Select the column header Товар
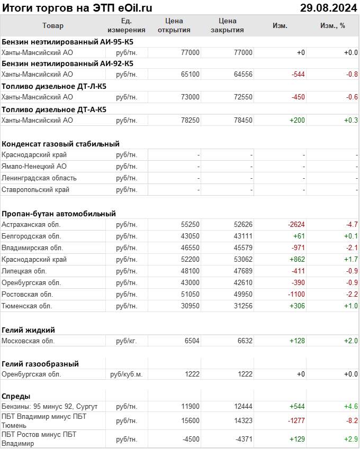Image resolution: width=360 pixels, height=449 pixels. click(52, 25)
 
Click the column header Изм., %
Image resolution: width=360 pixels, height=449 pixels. click(332, 25)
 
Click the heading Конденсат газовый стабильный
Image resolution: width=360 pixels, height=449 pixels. click(60, 144)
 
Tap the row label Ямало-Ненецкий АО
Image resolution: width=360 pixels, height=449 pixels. click(34, 167)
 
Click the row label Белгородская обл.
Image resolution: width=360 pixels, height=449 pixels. click(31, 236)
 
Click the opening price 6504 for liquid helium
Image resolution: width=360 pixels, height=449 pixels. click(192, 341)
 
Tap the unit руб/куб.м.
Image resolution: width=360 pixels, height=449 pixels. click(127, 374)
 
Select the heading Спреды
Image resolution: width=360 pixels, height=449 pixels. click(16, 396)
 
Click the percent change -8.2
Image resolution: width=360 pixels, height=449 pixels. click(352, 421)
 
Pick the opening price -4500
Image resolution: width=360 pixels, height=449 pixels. click(190, 439)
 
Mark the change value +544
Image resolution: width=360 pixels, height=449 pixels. click(297, 407)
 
